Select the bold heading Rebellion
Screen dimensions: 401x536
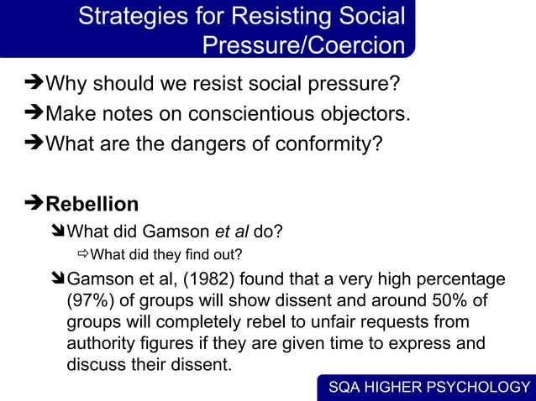point(92,205)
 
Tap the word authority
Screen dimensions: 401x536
point(100,344)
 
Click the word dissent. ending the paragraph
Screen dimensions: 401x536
point(206,366)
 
